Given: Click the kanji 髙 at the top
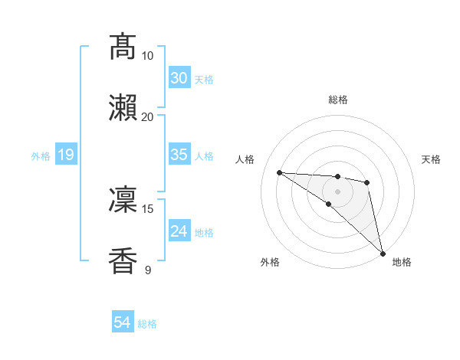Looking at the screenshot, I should (123, 47).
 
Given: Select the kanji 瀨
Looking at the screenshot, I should (123, 108).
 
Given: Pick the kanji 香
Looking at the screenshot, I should (123, 260).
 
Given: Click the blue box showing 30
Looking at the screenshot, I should (179, 78).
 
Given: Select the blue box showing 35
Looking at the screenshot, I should (179, 155).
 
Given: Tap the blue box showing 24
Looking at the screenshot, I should (179, 231).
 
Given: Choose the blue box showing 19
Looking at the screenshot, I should (65, 155).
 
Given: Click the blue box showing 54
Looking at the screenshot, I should (122, 323).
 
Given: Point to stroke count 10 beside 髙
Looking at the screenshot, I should (148, 56).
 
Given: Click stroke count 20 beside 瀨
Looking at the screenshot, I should (148, 116).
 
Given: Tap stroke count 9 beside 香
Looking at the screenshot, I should (148, 270).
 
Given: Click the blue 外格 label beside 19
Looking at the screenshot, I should (41, 156).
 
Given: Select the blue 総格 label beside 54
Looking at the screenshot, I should (147, 324).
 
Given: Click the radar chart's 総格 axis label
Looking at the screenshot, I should (338, 100).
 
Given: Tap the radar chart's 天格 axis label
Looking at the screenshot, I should (432, 159).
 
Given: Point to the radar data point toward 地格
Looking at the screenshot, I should (383, 252).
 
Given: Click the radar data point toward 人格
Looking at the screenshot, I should (280, 172).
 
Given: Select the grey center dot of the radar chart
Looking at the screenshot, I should (337, 191).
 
